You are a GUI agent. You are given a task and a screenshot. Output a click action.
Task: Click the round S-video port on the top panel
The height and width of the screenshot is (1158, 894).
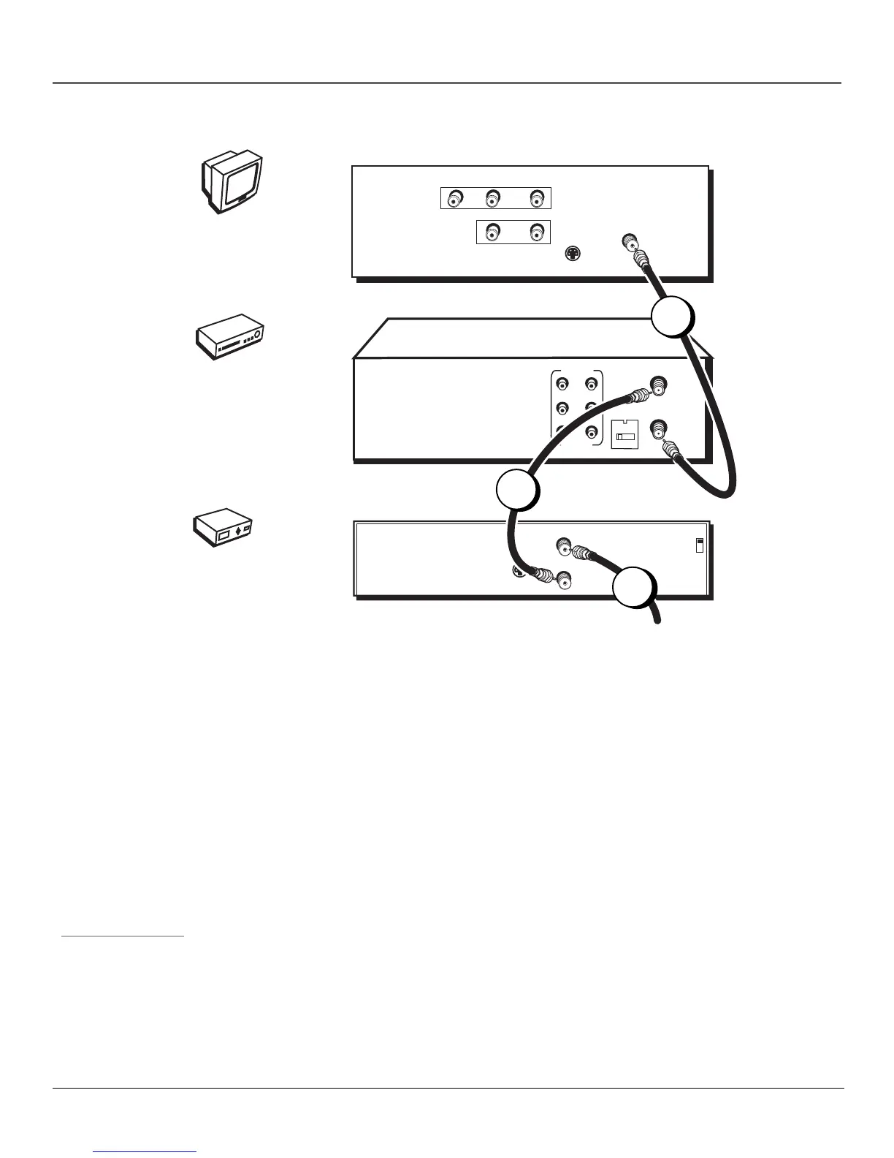click(x=573, y=254)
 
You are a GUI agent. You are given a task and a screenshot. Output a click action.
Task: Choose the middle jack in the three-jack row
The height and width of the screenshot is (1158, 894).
click(x=492, y=198)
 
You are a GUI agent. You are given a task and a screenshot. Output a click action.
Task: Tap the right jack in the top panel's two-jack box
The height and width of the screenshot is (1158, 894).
click(x=538, y=232)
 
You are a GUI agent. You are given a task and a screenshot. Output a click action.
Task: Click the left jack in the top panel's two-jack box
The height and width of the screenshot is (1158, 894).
click(x=492, y=232)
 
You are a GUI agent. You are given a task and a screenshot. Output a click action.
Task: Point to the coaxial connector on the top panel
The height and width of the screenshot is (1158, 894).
click(x=627, y=241)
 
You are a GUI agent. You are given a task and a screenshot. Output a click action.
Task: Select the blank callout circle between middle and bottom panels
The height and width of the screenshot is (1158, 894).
click(x=518, y=490)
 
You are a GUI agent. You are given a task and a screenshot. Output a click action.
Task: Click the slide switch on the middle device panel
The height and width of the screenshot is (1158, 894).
click(x=624, y=436)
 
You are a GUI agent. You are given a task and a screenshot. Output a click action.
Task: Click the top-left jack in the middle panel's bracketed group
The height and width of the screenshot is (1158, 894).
click(x=563, y=382)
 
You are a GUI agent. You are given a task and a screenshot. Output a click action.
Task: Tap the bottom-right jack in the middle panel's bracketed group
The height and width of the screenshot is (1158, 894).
click(x=591, y=431)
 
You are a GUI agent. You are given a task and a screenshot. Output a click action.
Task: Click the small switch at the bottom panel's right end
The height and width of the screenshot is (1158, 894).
click(x=699, y=545)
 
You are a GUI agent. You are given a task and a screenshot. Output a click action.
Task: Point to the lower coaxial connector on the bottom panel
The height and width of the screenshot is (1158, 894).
click(x=563, y=582)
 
